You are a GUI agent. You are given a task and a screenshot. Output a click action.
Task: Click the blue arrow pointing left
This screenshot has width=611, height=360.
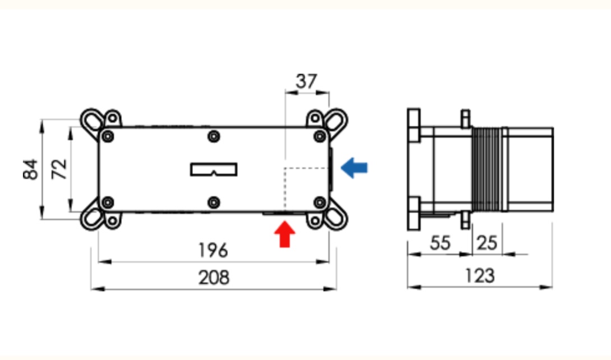pyautogui.click(x=355, y=167)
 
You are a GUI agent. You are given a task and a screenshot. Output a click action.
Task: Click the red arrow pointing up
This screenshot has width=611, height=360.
pyautogui.click(x=285, y=235)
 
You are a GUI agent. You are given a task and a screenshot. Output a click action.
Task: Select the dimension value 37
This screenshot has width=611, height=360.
pyautogui.click(x=306, y=82)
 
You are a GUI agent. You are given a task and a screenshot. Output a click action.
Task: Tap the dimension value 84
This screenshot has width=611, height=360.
pyautogui.click(x=31, y=169)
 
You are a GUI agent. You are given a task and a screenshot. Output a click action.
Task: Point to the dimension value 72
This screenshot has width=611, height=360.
pyautogui.click(x=59, y=168)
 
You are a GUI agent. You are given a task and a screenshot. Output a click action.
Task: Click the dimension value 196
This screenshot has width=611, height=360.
pyautogui.click(x=213, y=250)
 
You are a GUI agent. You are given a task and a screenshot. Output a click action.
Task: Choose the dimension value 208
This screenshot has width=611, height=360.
pyautogui.click(x=214, y=277)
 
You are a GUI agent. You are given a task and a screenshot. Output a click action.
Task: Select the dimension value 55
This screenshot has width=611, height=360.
pyautogui.click(x=440, y=243)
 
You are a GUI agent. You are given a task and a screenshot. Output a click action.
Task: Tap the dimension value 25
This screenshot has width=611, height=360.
pyautogui.click(x=486, y=243)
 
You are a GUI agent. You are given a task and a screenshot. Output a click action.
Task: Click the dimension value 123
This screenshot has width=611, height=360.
pyautogui.click(x=480, y=276)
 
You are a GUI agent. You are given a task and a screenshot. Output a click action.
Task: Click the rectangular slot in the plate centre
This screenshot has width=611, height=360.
pyautogui.click(x=214, y=169)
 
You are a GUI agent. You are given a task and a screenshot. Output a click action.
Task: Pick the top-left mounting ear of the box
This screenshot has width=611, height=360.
pyautogui.click(x=93, y=120)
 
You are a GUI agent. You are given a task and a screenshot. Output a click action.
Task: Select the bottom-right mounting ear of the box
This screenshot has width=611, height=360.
pyautogui.click(x=336, y=218)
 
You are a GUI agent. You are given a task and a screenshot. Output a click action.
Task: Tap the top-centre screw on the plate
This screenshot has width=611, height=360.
pyautogui.click(x=213, y=136)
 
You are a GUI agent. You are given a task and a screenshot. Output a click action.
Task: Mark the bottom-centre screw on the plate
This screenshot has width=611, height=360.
pyautogui.click(x=213, y=202)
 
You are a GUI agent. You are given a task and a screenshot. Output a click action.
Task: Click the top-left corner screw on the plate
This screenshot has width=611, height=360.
pyautogui.click(x=108, y=136)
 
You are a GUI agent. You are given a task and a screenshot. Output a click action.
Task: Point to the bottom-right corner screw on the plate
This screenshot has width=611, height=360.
pyautogui.click(x=319, y=202)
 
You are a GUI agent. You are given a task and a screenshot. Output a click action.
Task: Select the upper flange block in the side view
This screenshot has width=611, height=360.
pyautogui.click(x=414, y=124)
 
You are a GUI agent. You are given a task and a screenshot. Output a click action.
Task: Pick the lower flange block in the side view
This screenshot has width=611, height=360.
pyautogui.click(x=414, y=213)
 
